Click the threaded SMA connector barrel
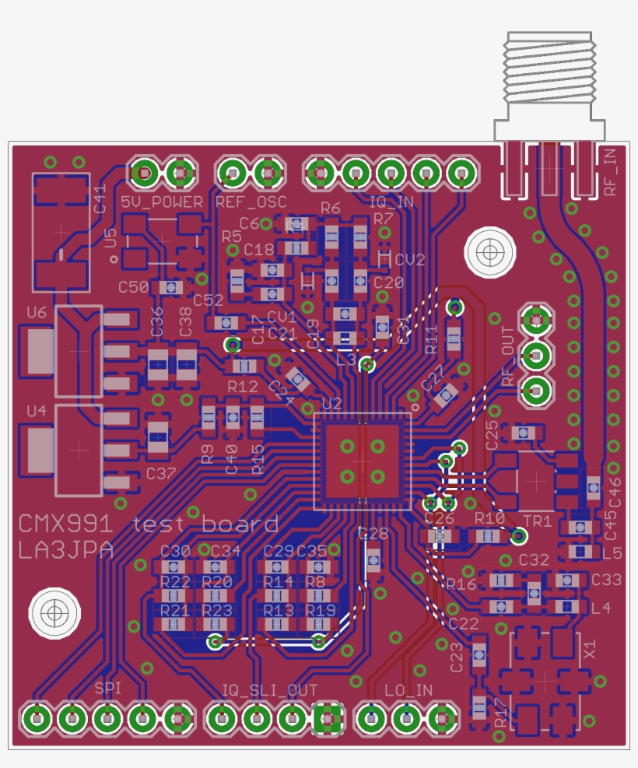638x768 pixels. tap(549, 70)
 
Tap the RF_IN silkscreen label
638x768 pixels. tap(611, 170)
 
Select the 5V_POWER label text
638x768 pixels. tap(162, 202)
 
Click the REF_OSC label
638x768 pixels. tap(251, 202)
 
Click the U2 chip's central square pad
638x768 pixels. tap(362, 461)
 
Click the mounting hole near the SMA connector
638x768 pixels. tap(490, 252)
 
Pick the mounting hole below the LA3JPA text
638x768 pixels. tap(54, 612)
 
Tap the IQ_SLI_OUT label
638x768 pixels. tap(269, 690)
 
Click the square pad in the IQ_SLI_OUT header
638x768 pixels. tap(328, 718)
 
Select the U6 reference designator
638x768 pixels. tap(37, 313)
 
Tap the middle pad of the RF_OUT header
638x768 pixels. tap(535, 355)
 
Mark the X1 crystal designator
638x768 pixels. tap(589, 647)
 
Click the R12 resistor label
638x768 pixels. tap(242, 386)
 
